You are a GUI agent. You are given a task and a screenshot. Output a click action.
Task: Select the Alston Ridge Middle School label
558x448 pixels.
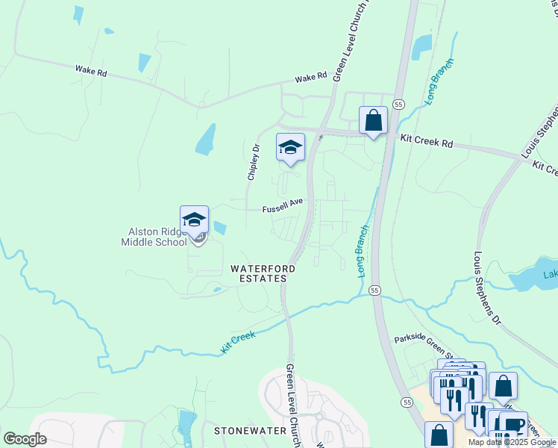tap(154, 237)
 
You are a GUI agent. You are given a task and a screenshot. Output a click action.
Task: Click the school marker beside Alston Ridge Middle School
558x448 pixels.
tap(194, 220)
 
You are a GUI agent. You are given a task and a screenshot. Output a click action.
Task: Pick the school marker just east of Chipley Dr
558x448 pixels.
tap(289, 147)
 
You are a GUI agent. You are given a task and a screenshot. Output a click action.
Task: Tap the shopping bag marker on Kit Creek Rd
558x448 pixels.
tap(373, 119)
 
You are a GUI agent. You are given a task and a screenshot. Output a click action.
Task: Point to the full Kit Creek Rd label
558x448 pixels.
tap(427, 141)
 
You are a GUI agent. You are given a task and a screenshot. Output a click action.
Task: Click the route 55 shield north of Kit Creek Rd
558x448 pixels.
tap(399, 104)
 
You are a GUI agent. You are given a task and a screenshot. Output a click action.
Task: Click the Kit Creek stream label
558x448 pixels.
tap(239, 342)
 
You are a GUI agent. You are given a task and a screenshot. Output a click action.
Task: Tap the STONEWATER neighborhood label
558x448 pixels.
tap(251, 431)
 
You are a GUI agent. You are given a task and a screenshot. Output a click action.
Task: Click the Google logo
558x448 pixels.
tap(24, 438)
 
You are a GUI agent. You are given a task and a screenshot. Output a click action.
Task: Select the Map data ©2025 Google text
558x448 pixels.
tap(512, 442)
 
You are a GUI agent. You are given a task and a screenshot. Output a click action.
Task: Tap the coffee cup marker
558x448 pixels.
tap(514, 424)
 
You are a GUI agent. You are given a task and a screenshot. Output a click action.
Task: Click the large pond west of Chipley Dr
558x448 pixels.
tap(206, 140)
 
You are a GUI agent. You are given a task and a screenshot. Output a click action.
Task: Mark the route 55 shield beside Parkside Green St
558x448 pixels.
tap(407, 402)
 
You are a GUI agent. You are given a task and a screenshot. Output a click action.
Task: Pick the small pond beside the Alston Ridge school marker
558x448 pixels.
tap(220, 227)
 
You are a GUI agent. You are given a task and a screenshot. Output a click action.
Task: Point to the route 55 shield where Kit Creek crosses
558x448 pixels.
tap(374, 289)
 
